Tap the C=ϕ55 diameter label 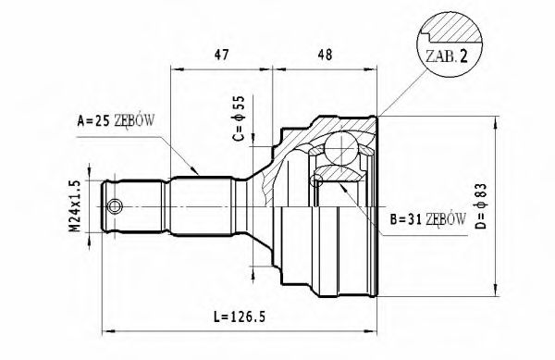tap(238, 120)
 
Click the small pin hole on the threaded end tap(115, 205)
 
